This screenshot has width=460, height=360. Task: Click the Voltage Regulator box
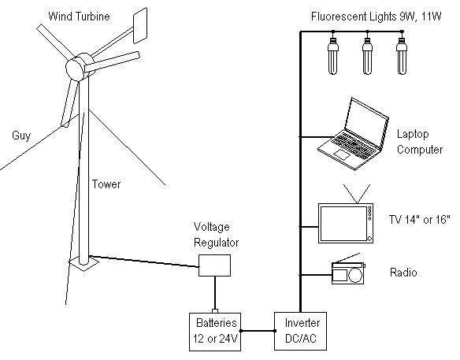coord(214,265)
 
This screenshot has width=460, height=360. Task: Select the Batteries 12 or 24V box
coord(215,332)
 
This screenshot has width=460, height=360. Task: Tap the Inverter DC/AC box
coord(300,331)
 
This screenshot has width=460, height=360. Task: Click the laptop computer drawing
coord(354,134)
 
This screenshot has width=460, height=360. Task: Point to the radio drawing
coord(348,273)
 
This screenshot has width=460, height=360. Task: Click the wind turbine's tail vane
coord(140,26)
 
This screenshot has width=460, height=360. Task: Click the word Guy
coord(21,135)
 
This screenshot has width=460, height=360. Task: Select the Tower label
coord(106,184)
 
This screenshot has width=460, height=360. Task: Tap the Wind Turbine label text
coord(80,16)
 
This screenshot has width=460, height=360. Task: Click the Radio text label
coord(403,273)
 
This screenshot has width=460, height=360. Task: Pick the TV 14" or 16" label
coord(419,219)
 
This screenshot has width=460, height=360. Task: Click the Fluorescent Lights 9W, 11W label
coord(376,17)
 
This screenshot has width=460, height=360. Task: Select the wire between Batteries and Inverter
coord(258,331)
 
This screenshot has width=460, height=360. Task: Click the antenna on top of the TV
coord(357,194)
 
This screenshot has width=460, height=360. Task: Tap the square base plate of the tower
coord(83,262)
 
